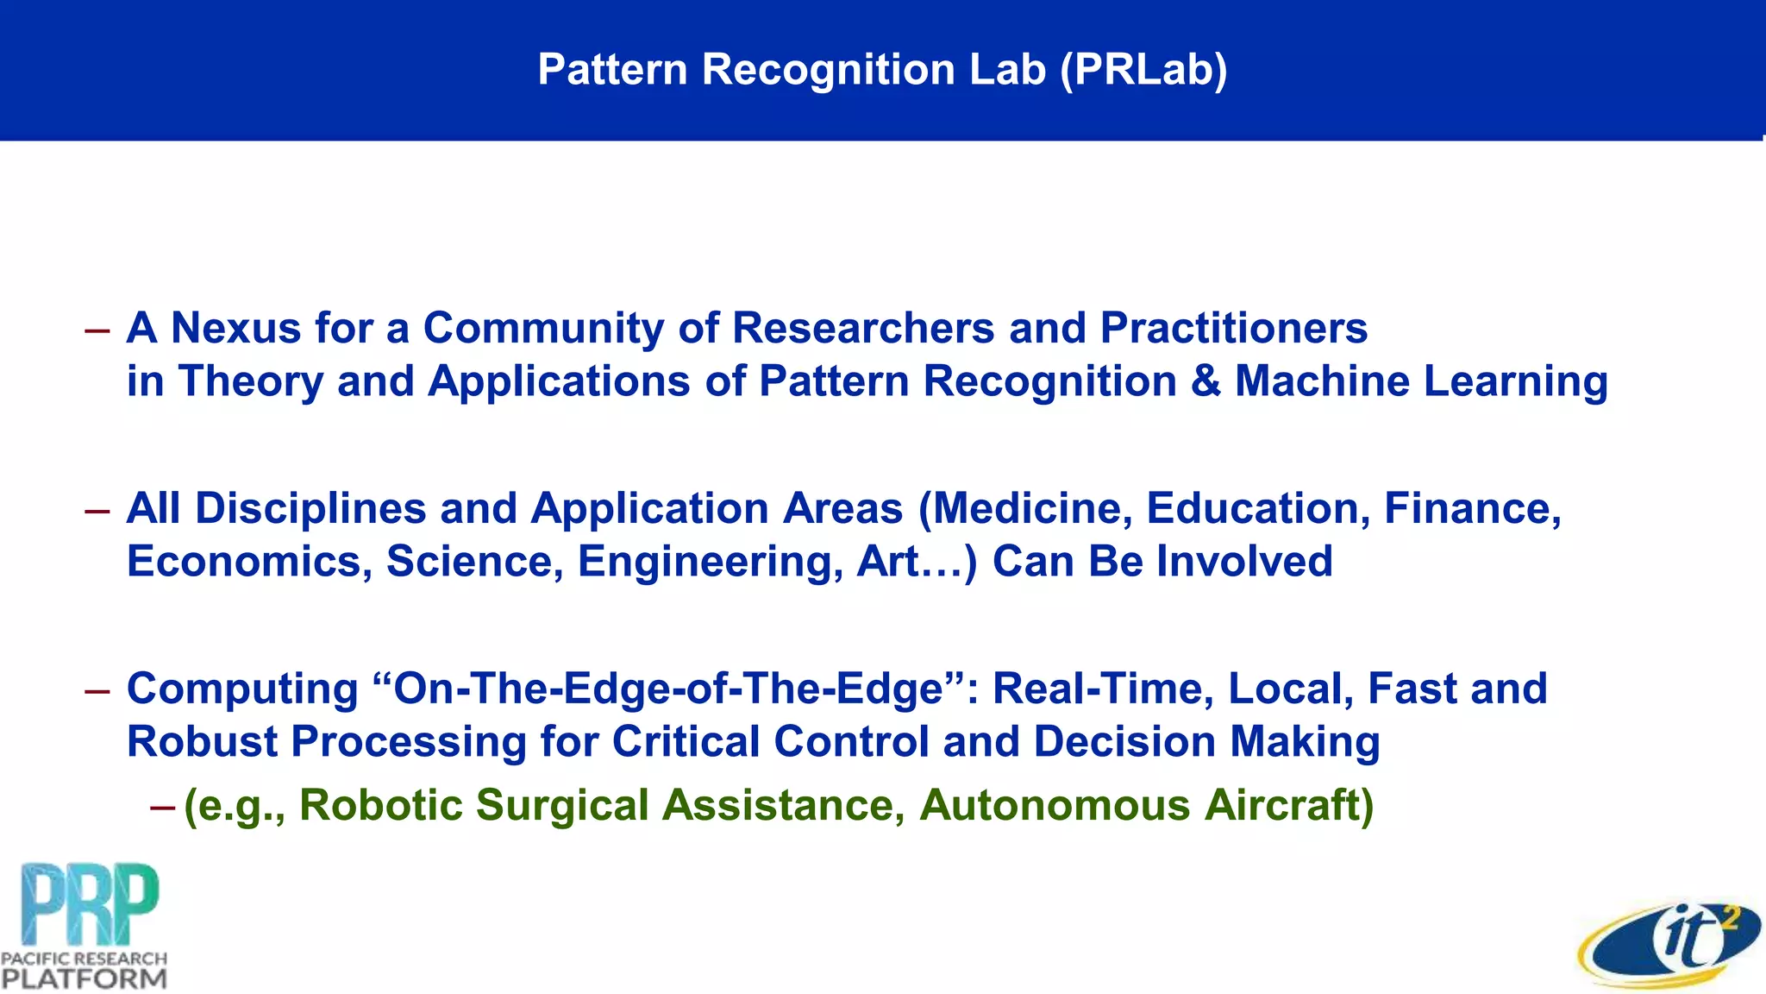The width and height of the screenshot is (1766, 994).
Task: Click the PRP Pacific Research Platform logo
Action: (x=85, y=925)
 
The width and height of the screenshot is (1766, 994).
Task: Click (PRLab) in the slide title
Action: (x=1143, y=69)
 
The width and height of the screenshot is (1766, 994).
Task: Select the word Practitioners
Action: (x=1234, y=329)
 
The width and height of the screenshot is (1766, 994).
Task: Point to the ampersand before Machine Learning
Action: (x=1206, y=381)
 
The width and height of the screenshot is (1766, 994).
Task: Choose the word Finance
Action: (x=1472, y=508)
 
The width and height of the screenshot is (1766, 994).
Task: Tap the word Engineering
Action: (x=710, y=562)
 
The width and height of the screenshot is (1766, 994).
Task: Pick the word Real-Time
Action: (x=1103, y=689)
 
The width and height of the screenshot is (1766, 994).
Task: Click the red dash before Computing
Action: (x=97, y=690)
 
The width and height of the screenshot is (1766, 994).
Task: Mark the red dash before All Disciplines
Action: (x=97, y=510)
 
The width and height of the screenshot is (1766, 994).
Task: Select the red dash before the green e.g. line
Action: (x=162, y=807)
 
